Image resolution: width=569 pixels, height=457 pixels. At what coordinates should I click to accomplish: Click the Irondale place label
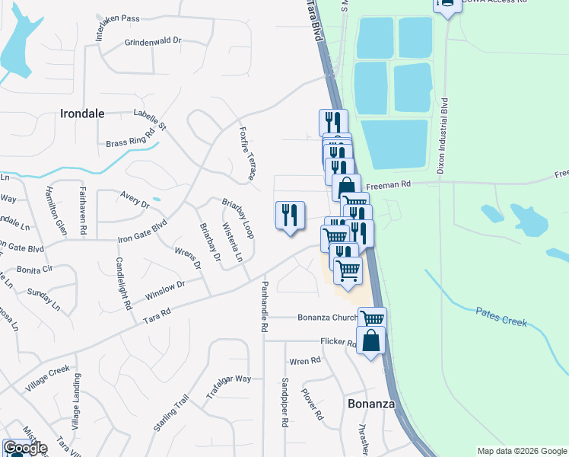81,113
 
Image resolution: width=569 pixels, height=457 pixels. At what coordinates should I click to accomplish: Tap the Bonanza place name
371,404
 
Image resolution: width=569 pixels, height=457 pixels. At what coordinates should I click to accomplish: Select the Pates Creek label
501,316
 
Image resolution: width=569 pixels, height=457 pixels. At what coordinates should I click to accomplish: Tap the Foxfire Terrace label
246,153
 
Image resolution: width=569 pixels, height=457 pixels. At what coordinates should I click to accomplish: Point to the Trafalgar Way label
228,388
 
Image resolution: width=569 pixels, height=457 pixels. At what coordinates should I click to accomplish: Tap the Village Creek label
47,380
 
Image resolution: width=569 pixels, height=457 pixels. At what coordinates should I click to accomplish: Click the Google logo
24,448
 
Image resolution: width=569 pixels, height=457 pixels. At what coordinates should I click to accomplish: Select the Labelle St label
149,118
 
